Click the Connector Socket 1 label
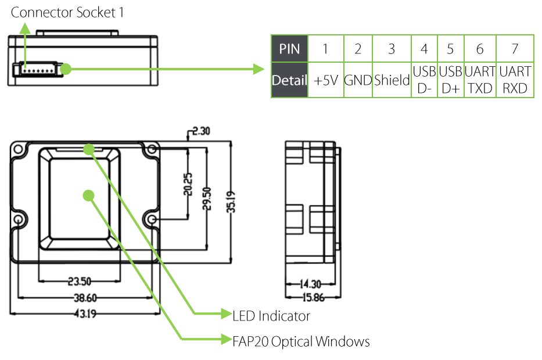[67, 12]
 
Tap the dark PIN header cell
[290, 49]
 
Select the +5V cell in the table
[326, 80]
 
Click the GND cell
[358, 80]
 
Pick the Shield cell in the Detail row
[392, 80]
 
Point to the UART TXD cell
[480, 80]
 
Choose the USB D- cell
[425, 80]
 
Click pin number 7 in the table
[515, 49]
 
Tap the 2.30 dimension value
[201, 131]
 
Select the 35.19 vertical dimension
[231, 201]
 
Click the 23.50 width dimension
[80, 281]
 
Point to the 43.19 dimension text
[85, 314]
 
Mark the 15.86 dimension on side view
[314, 297]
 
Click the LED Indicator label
[271, 316]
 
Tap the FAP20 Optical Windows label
[301, 341]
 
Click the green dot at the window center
[89, 196]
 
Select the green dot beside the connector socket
[66, 69]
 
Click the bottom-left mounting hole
[19, 219]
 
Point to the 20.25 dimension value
[188, 184]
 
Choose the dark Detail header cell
[290, 80]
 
